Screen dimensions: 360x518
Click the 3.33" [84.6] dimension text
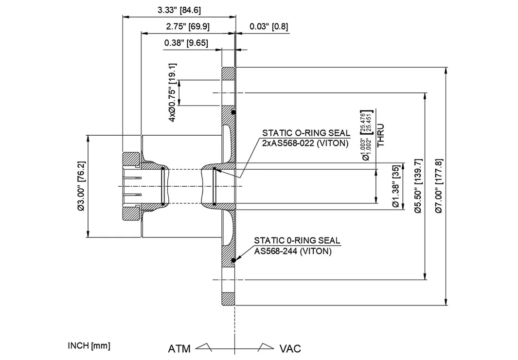[179, 10]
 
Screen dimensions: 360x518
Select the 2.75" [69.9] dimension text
[188, 26]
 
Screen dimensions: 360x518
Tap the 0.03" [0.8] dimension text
[269, 26]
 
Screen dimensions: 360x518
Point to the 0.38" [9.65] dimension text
[186, 43]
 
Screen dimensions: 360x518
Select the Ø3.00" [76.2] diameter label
[81, 186]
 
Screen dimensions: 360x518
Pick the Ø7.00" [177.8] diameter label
[439, 186]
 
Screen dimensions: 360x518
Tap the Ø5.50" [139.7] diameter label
[417, 186]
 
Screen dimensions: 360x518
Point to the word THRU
[381, 135]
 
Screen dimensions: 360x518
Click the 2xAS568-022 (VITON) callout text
[305, 143]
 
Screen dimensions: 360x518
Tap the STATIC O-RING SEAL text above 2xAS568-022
[306, 133]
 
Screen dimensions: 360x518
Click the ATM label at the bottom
[179, 349]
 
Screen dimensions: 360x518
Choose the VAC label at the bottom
[290, 349]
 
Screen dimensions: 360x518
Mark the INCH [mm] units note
[89, 346]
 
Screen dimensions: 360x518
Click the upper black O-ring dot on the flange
[233, 113]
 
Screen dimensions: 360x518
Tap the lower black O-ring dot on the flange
[233, 261]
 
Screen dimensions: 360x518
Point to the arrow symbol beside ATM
[204, 346]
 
